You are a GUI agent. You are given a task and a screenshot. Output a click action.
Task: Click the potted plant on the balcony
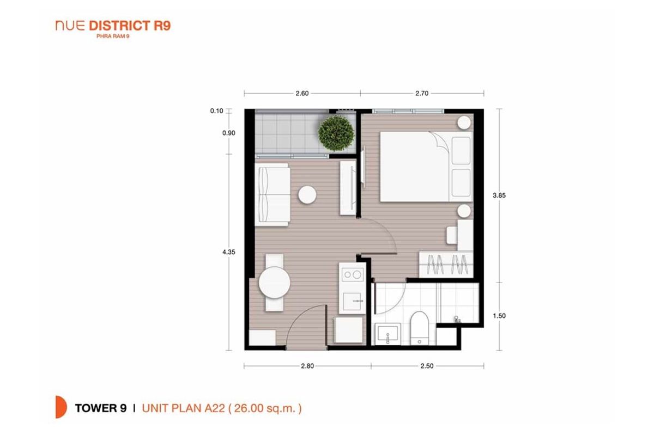pyautogui.click(x=336, y=133)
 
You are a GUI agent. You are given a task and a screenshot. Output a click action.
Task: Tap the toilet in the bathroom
pyautogui.click(x=419, y=328)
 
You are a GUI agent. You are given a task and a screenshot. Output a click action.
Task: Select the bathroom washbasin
pyautogui.click(x=387, y=334)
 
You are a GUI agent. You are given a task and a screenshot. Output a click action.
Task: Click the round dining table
pyautogui.click(x=275, y=282)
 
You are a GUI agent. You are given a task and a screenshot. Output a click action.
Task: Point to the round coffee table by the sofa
pyautogui.click(x=307, y=194)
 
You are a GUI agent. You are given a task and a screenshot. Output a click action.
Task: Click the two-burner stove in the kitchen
pyautogui.click(x=352, y=274)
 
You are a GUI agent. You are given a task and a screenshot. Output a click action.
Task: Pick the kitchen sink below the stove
pyautogui.click(x=353, y=302)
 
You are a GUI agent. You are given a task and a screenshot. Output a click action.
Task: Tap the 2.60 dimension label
pyautogui.click(x=302, y=93)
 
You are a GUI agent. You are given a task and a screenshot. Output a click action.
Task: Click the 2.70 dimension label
pyautogui.click(x=422, y=93)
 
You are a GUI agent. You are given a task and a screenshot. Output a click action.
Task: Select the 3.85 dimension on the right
pyautogui.click(x=499, y=195)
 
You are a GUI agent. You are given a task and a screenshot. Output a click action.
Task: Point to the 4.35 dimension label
pyautogui.click(x=228, y=252)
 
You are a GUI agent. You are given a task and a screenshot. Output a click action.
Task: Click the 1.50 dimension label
pyautogui.click(x=499, y=316)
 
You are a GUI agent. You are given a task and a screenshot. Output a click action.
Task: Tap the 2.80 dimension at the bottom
pyautogui.click(x=307, y=366)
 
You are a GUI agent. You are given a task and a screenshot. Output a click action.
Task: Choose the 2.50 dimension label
pyautogui.click(x=427, y=366)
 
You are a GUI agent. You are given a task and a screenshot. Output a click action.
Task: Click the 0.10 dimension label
pyautogui.click(x=217, y=111)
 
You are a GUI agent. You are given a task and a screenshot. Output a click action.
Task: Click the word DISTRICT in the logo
pyautogui.click(x=120, y=26)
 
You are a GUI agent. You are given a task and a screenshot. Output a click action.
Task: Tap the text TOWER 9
pyautogui.click(x=101, y=408)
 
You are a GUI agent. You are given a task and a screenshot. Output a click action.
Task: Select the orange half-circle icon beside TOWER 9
pyautogui.click(x=61, y=407)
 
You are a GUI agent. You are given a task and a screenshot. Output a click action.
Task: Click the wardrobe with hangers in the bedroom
pyautogui.click(x=446, y=265)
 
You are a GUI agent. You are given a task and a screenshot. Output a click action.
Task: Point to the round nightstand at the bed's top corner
pyautogui.click(x=464, y=122)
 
